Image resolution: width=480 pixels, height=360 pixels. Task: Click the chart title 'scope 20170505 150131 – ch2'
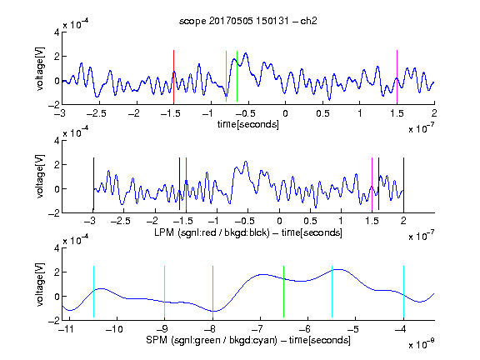(248, 21)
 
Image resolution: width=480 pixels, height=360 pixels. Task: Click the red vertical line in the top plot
(173, 77)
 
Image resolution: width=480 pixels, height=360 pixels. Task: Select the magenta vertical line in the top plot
(397, 77)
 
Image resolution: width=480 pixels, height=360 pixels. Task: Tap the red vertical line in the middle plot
(186, 185)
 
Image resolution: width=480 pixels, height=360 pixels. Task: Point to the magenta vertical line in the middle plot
(372, 185)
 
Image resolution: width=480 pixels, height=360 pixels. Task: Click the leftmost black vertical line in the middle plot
(93, 183)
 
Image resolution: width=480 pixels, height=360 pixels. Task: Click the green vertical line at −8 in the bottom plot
(212, 292)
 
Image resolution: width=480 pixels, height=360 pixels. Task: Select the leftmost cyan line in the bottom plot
(93, 292)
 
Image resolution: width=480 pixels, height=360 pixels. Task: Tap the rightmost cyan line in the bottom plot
(404, 292)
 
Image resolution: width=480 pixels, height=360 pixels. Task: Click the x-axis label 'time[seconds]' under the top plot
(248, 124)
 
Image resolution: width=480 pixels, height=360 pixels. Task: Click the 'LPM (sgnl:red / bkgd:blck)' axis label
(212, 232)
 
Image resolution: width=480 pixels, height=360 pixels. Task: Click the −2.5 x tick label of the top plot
(97, 113)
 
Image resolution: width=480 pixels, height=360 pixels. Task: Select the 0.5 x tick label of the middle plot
(310, 221)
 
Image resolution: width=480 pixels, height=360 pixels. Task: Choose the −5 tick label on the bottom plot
(353, 329)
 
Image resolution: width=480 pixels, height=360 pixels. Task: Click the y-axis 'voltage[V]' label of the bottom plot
(40, 284)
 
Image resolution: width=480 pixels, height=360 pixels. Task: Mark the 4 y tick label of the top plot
(57, 32)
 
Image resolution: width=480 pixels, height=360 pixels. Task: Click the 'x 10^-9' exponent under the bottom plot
(421, 344)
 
